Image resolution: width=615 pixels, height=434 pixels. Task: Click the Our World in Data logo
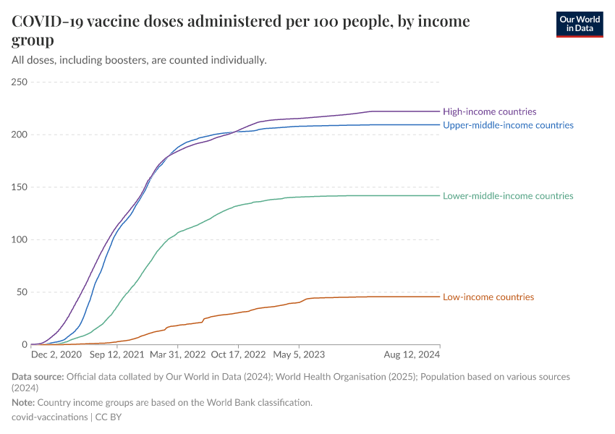pyautogui.click(x=579, y=24)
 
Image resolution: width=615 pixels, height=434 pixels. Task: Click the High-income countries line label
pyautogui.click(x=489, y=111)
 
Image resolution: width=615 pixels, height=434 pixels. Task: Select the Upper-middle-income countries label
pyautogui.click(x=508, y=125)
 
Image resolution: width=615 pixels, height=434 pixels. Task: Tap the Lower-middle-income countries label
pyautogui.click(x=508, y=196)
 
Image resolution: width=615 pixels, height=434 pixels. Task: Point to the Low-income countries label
pyautogui.click(x=488, y=297)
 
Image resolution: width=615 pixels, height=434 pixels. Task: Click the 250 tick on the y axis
pyautogui.click(x=20, y=82)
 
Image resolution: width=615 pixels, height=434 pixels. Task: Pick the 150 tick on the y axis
pyautogui.click(x=20, y=187)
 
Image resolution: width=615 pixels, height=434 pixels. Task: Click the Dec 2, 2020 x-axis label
pyautogui.click(x=56, y=355)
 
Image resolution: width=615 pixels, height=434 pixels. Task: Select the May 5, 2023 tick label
pyautogui.click(x=300, y=355)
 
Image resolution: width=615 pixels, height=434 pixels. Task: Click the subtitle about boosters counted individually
pyautogui.click(x=139, y=60)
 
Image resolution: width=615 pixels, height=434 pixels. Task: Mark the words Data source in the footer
pyautogui.click(x=38, y=377)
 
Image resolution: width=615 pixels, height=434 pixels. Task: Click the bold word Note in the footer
pyautogui.click(x=23, y=402)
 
